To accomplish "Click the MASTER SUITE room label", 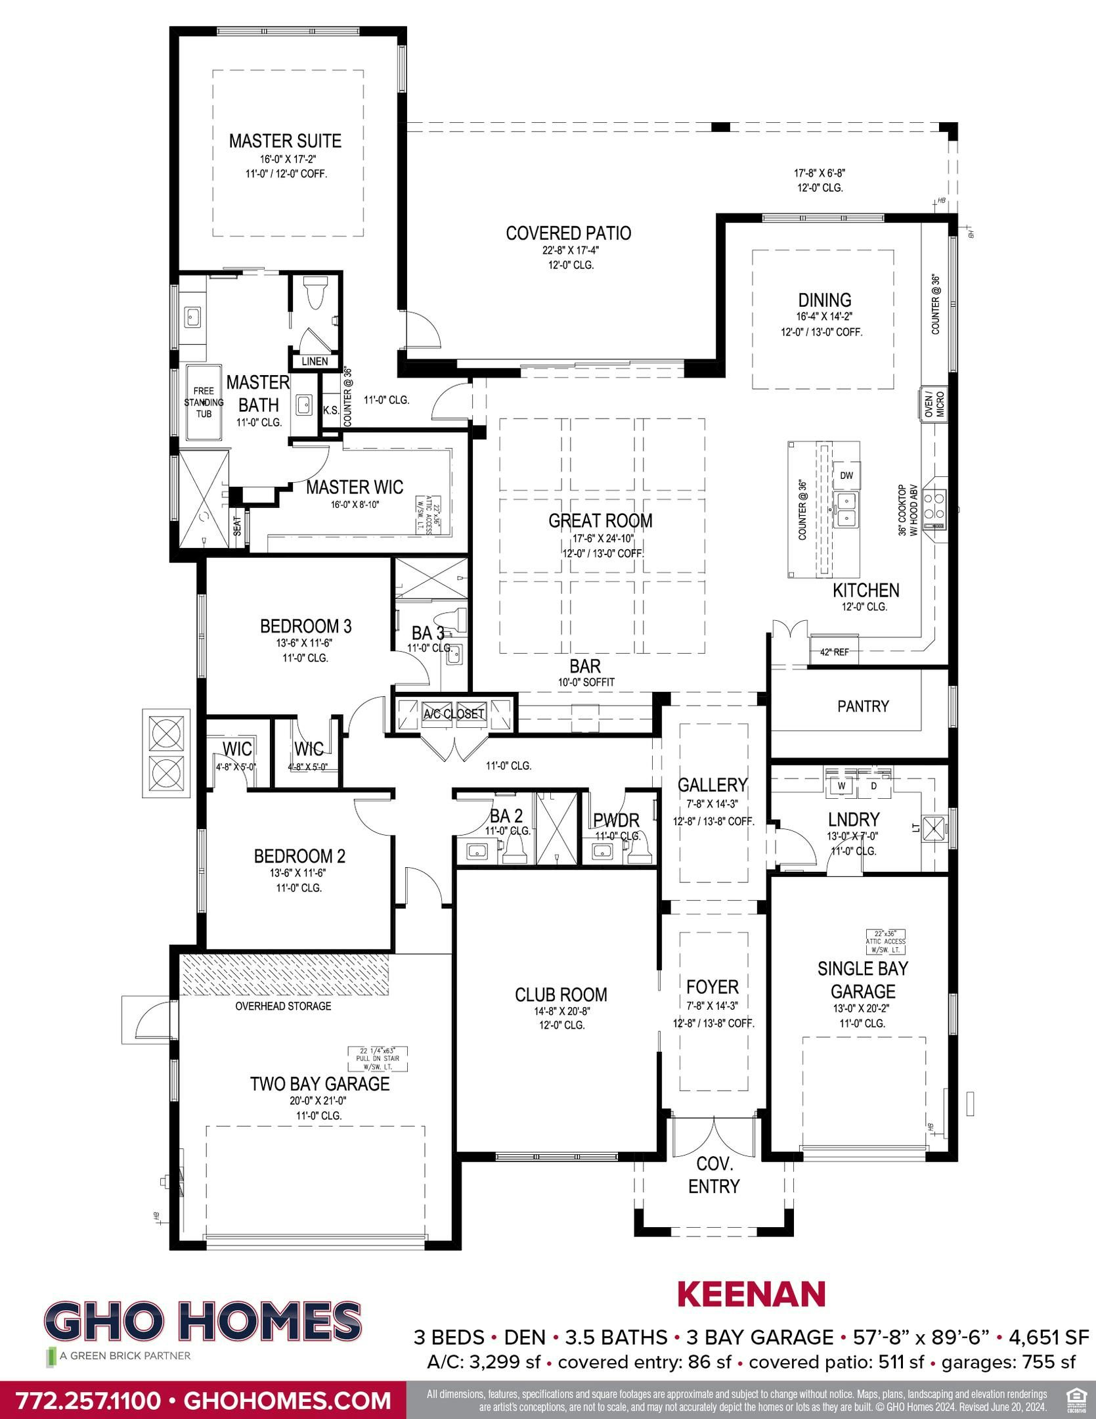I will pyautogui.click(x=285, y=141).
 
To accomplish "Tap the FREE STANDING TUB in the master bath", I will pyautogui.click(x=204, y=403).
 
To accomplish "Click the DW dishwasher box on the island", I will pyautogui.click(x=846, y=475).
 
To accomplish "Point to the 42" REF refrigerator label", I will pyautogui.click(x=834, y=652).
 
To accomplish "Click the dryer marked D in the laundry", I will pyautogui.click(x=873, y=786).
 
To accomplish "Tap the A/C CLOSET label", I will pyautogui.click(x=454, y=713).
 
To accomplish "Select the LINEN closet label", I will pyautogui.click(x=315, y=361).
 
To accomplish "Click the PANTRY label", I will pyautogui.click(x=863, y=706).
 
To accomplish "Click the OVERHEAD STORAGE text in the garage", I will pyautogui.click(x=283, y=1006).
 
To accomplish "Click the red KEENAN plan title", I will pyautogui.click(x=751, y=1294).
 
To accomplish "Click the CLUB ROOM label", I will pyautogui.click(x=561, y=995).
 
